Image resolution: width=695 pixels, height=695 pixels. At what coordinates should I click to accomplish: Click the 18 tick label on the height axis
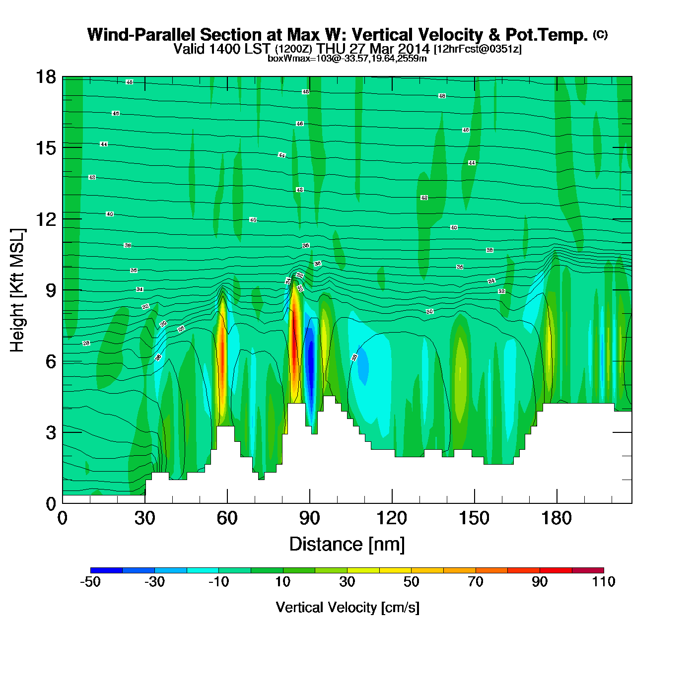pyautogui.click(x=45, y=77)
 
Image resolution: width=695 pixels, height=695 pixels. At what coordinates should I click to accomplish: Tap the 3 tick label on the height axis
pyautogui.click(x=51, y=432)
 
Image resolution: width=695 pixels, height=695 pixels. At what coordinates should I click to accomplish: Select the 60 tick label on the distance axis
pyautogui.click(x=227, y=518)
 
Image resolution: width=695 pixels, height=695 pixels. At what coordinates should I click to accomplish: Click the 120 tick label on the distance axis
pyautogui.click(x=392, y=518)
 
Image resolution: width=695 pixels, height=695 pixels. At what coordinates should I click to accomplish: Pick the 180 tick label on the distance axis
pyautogui.click(x=556, y=518)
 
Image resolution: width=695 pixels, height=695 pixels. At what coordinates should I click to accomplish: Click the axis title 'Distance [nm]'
pyautogui.click(x=347, y=545)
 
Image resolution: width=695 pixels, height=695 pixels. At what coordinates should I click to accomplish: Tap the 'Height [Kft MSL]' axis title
pyautogui.click(x=17, y=290)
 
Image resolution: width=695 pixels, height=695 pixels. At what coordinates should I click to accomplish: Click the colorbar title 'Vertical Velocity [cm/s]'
pyautogui.click(x=347, y=607)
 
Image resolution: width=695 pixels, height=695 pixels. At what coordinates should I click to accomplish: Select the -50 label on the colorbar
pyautogui.click(x=90, y=582)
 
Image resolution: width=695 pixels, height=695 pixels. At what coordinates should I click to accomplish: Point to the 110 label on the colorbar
pyautogui.click(x=604, y=582)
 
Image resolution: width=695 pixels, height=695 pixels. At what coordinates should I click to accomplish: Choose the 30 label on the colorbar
pyautogui.click(x=347, y=582)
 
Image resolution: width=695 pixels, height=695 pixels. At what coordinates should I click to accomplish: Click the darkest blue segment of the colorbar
pyautogui.click(x=106, y=570)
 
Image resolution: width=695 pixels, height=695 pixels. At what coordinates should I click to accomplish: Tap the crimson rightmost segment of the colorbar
pyautogui.click(x=588, y=570)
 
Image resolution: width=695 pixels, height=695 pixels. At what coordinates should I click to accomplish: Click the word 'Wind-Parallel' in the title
pyautogui.click(x=142, y=35)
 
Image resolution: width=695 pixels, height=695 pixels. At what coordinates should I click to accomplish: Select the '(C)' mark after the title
pyautogui.click(x=600, y=34)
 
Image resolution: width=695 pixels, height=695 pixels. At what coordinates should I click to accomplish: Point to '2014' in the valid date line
pyautogui.click(x=414, y=49)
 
